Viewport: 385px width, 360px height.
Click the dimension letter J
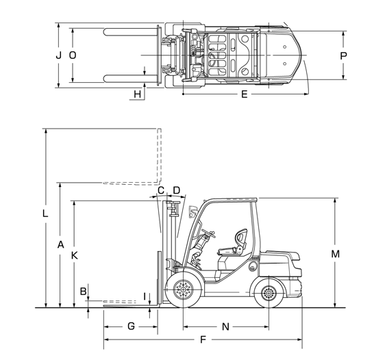[x=58, y=55]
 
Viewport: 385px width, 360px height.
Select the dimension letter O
[x=73, y=55]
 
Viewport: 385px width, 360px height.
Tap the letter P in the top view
[x=343, y=56]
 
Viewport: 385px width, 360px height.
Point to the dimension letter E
[x=244, y=94]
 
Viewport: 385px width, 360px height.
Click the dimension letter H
[x=138, y=94]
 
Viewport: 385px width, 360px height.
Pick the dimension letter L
[x=45, y=214]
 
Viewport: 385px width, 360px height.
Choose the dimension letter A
[x=60, y=244]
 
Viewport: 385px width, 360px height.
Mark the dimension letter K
[x=75, y=255]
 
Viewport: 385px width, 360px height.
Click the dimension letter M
[x=335, y=254]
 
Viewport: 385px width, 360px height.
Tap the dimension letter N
[x=225, y=326]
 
